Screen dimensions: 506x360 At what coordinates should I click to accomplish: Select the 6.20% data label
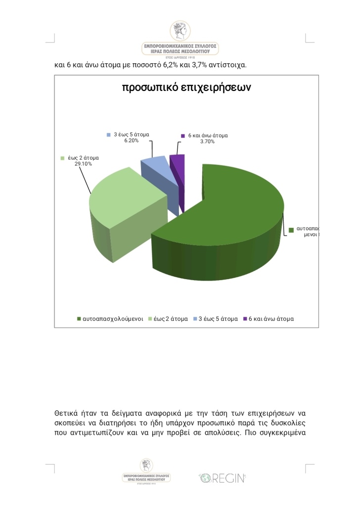tap(132, 140)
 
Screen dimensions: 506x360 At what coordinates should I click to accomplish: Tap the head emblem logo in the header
tap(180, 31)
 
